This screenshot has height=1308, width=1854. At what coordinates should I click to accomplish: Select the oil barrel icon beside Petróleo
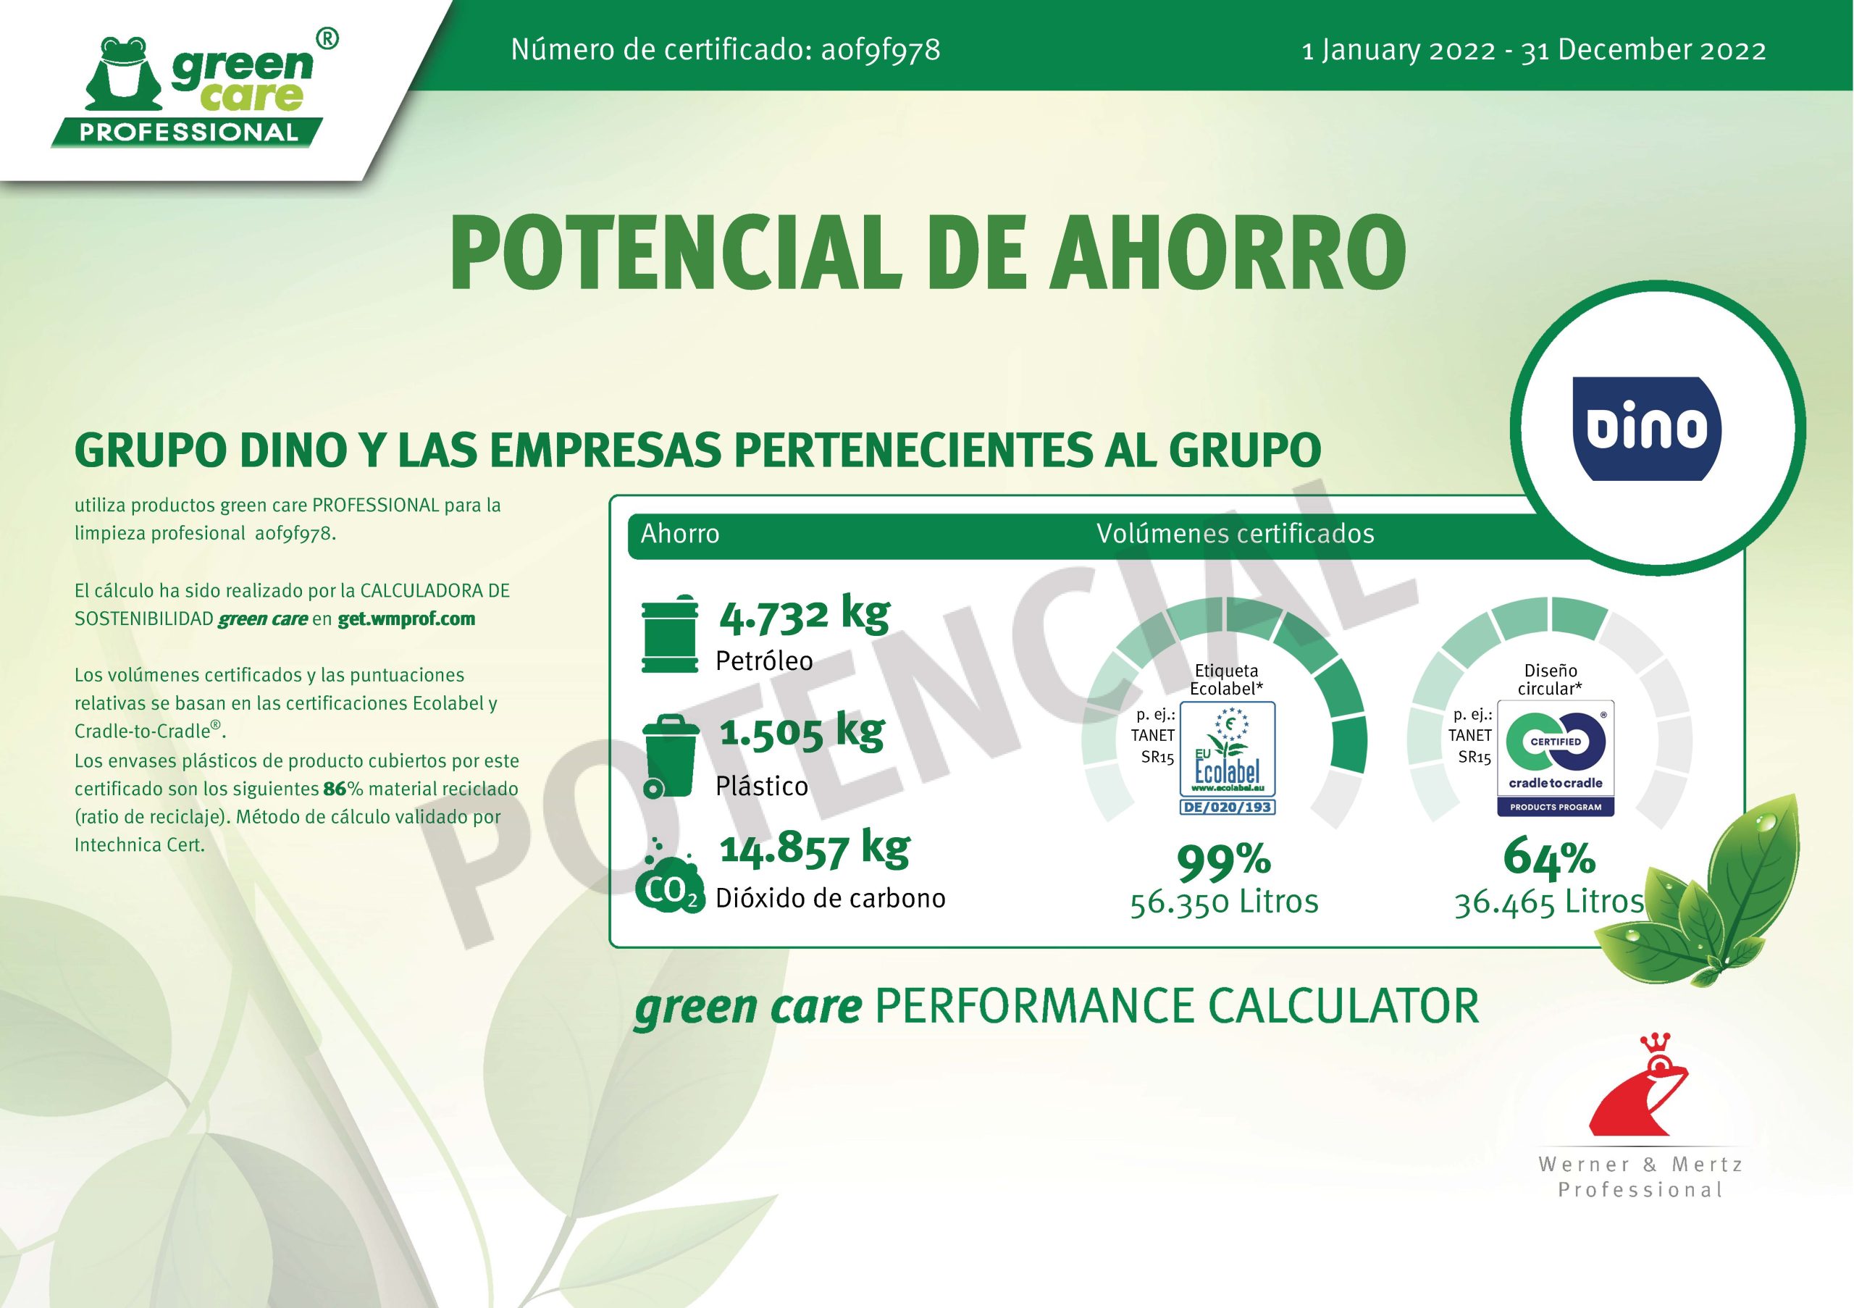pos(669,634)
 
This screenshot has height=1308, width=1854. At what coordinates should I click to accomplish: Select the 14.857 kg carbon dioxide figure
pos(815,848)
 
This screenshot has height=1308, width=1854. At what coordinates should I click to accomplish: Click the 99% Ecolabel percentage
pos(1224,862)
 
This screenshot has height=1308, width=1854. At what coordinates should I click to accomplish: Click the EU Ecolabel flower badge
pos(1227,758)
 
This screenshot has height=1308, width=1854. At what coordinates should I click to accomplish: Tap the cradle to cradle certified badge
pos(1555,758)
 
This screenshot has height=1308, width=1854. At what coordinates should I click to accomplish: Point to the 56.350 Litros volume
pos(1224,902)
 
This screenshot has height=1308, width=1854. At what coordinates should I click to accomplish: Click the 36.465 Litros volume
pos(1550,902)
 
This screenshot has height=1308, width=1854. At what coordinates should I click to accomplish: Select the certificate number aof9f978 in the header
pos(880,50)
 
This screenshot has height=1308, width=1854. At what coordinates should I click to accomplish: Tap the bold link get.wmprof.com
pos(406,619)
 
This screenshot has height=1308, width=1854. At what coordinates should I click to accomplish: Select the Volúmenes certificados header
pos(1236,534)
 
